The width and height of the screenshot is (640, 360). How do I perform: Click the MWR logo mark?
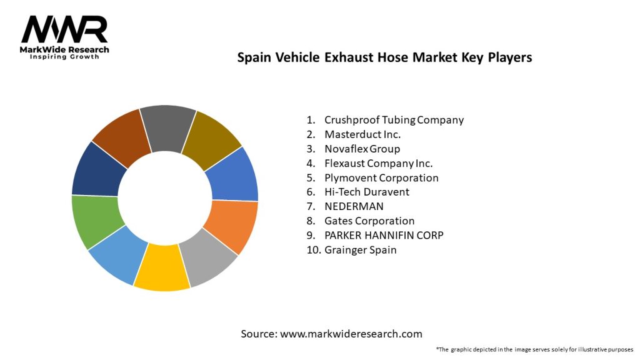[x=64, y=29]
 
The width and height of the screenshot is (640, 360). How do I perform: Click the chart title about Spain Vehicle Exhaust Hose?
[x=384, y=57]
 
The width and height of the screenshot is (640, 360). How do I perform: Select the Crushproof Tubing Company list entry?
[x=394, y=120]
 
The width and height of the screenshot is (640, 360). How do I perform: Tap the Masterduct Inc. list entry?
[x=362, y=134]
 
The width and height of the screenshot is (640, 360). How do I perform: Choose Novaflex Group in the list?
[x=362, y=149]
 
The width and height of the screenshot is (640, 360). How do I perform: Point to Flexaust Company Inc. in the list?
[x=378, y=163]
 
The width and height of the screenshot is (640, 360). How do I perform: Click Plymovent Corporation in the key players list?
[x=381, y=177]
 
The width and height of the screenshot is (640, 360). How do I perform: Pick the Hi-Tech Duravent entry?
[x=367, y=192]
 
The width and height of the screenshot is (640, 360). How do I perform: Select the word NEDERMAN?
[x=354, y=206]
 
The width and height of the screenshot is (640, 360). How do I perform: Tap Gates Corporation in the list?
[x=369, y=221]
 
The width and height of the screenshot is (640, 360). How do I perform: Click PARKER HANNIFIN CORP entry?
[x=384, y=235]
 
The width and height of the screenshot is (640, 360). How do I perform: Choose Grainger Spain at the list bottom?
[x=360, y=250]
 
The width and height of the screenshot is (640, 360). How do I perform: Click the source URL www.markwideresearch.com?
[x=351, y=334]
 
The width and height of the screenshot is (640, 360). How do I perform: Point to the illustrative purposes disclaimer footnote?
[x=534, y=349]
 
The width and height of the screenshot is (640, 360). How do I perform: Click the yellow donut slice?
[x=161, y=268]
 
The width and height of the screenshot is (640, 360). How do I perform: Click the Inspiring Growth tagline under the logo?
[x=64, y=57]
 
